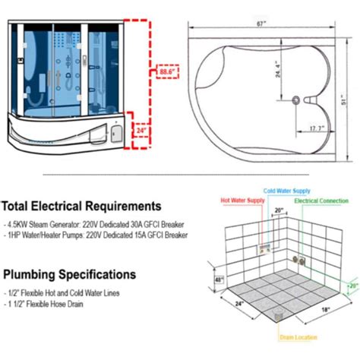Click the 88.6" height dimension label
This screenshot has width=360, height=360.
pyautogui.click(x=168, y=73)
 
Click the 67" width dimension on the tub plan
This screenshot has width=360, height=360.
pyautogui.click(x=264, y=25)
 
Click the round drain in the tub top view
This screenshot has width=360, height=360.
pyautogui.click(x=296, y=99)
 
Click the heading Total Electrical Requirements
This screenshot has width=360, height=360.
pyautogui.click(x=81, y=206)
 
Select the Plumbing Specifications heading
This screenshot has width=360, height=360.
pyautogui.click(x=69, y=273)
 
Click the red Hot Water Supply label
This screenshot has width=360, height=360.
pyautogui.click(x=242, y=201)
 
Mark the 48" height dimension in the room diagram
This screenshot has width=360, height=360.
pyautogui.click(x=218, y=279)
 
